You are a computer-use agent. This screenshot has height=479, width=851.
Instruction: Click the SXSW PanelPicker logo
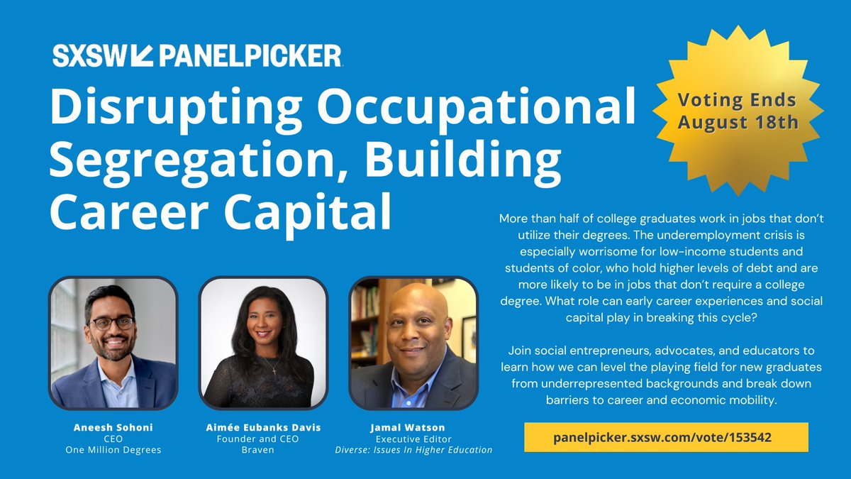(x=197, y=55)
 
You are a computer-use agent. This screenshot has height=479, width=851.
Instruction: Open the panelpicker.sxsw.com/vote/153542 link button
(x=666, y=437)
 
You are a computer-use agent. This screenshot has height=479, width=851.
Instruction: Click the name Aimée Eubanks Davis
(x=263, y=428)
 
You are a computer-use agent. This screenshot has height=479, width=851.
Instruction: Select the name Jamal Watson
(x=413, y=428)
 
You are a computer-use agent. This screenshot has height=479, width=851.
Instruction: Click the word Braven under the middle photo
(x=263, y=450)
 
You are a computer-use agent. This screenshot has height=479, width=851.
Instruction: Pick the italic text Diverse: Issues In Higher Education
(x=413, y=450)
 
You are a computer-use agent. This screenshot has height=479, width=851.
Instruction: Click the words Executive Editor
(x=413, y=439)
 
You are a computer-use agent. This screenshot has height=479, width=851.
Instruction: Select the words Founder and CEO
(x=263, y=439)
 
